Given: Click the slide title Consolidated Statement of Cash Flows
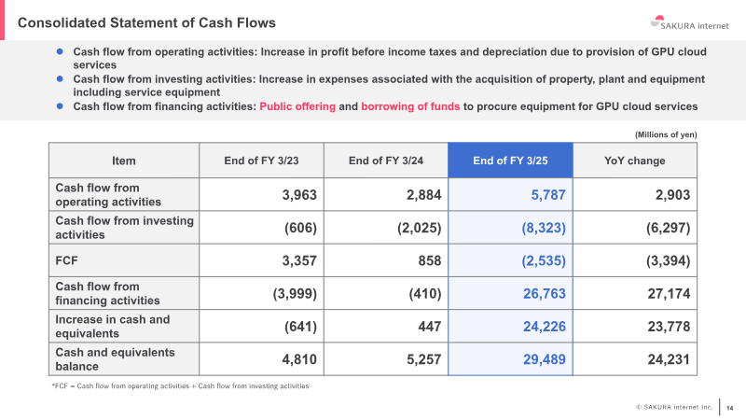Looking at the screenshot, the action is pos(146,22).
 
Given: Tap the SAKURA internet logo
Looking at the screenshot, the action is pos(689,22).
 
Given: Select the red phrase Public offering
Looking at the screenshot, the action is pos(297,106).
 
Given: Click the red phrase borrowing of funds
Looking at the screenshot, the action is pos(410,106).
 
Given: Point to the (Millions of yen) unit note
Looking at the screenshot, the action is pos(666,134).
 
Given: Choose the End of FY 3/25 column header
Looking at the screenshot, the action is pos(510,161).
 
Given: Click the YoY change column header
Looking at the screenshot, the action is pos(635,161).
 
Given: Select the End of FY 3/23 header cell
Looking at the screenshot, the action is pos(261,161).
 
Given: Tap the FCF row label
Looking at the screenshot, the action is pos(66,260).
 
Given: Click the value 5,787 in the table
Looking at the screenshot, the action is pos(548,195).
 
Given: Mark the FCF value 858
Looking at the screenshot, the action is pos(430,260).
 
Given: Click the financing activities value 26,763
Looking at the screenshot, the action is pos(545,293).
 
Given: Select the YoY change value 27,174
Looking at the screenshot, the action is pos(669,293).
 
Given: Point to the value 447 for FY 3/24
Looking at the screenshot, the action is pos(430,326).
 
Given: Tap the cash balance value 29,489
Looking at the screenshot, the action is pos(545,359).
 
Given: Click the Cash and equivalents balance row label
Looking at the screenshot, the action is pos(115,359).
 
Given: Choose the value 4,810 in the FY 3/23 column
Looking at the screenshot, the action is pos(299,359).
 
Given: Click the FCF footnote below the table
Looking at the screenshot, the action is pos(180,385).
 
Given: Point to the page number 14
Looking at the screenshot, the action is pos(730,408).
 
